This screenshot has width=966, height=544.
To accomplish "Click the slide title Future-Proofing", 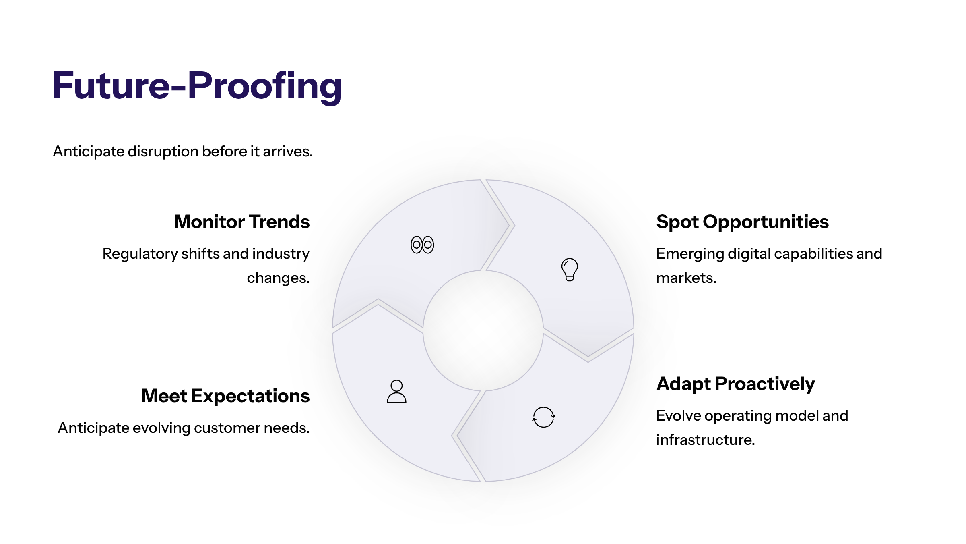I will click(x=197, y=85).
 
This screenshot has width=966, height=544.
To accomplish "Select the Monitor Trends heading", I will click(x=242, y=222).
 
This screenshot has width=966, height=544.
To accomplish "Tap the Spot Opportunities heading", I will click(x=742, y=222).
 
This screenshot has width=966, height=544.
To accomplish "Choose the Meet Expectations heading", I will click(x=225, y=396).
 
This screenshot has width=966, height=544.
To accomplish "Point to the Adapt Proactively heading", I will click(x=735, y=384).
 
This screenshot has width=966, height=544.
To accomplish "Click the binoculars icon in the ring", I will click(x=422, y=245).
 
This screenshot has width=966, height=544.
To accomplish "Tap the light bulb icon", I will click(x=570, y=269).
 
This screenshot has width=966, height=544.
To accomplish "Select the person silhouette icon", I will click(x=396, y=391).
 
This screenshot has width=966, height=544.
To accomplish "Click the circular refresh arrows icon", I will click(x=544, y=417).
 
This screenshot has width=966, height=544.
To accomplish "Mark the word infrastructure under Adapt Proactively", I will click(x=705, y=440).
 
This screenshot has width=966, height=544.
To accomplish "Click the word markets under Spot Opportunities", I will click(x=686, y=278).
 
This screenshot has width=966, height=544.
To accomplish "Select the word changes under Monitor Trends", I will click(x=278, y=278).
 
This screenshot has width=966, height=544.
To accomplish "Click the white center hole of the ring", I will click(x=483, y=330).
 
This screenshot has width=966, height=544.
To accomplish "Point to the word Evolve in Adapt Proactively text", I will click(x=675, y=415).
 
